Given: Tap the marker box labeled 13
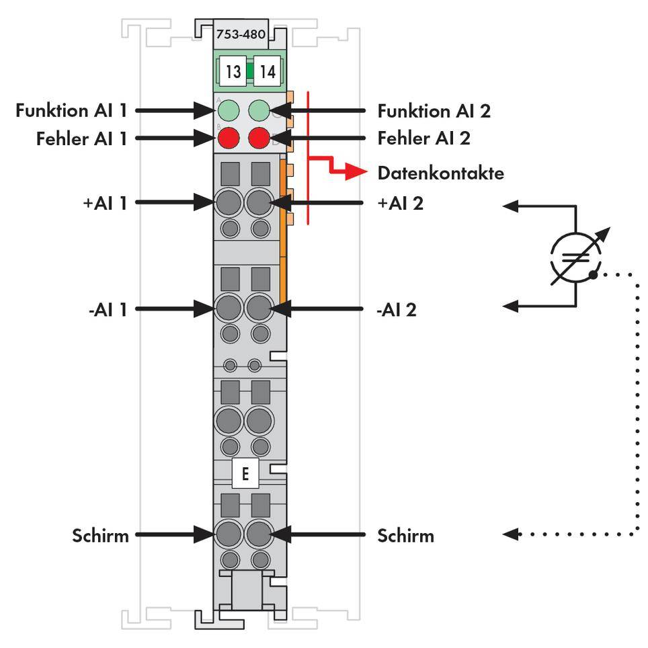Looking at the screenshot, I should pyautogui.click(x=233, y=71).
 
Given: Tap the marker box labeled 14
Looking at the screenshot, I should pyautogui.click(x=268, y=71).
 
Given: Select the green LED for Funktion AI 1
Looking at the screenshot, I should pyautogui.click(x=229, y=110).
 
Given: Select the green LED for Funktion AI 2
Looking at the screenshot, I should pyautogui.click(x=259, y=110).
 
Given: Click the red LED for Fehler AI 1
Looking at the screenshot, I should pyautogui.click(x=229, y=138).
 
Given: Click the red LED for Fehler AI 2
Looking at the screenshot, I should pyautogui.click(x=259, y=138).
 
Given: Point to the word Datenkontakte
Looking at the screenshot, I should pyautogui.click(x=440, y=173).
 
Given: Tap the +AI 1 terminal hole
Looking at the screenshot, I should pyautogui.click(x=229, y=201).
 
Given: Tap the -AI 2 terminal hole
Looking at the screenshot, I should pyautogui.click(x=258, y=309).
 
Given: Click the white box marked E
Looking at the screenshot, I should pyautogui.click(x=245, y=475).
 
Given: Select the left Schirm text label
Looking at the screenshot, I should pyautogui.click(x=101, y=536).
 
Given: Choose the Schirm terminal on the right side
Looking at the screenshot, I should pyautogui.click(x=258, y=535).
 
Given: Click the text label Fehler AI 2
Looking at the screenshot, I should pyautogui.click(x=423, y=138).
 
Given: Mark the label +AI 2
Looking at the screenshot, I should pyautogui.click(x=401, y=202).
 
